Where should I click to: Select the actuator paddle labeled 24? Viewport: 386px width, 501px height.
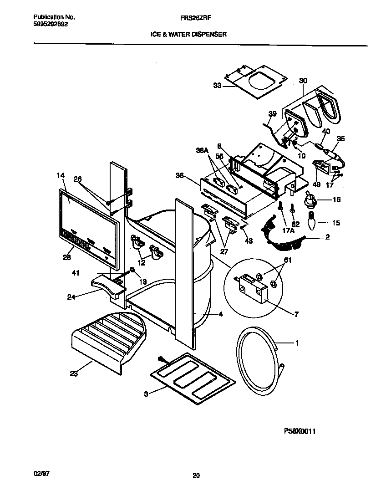pyautogui.click(x=107, y=286)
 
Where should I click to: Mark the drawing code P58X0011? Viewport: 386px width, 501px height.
pyautogui.click(x=299, y=431)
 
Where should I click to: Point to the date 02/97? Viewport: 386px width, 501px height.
pyautogui.click(x=41, y=474)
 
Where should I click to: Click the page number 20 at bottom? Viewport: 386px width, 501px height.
pyautogui.click(x=196, y=476)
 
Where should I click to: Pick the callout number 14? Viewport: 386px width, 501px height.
pyautogui.click(x=61, y=175)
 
